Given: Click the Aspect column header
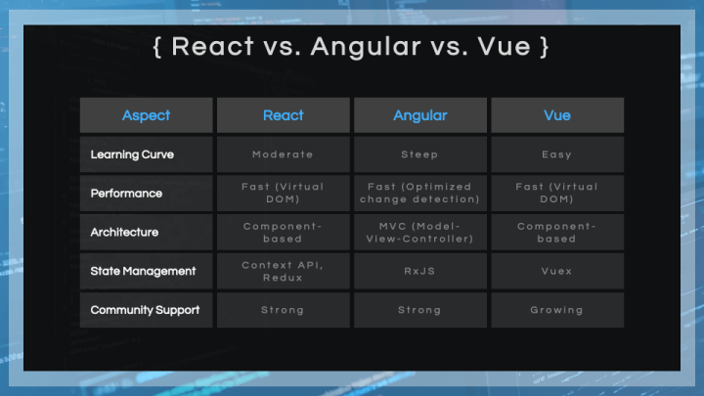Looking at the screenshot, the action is click(x=146, y=115).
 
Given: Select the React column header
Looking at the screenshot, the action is click(x=284, y=115).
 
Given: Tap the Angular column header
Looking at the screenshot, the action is click(x=420, y=115).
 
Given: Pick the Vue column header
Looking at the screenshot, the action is click(x=557, y=115).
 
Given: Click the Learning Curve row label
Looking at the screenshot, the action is click(x=132, y=154).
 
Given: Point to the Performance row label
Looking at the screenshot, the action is click(x=126, y=194).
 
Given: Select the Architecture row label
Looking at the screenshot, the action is click(x=124, y=232).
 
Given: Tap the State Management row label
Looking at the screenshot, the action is click(x=143, y=271).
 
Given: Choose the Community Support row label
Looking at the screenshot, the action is click(x=145, y=310).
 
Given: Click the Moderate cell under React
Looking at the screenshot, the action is click(x=283, y=154).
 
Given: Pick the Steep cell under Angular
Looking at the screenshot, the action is click(x=419, y=154).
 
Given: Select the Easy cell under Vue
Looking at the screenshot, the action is click(x=556, y=154).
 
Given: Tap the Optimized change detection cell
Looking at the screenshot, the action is click(x=419, y=193).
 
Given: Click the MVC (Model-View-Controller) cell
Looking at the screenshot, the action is click(x=419, y=233).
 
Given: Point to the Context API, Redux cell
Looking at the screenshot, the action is click(x=283, y=271).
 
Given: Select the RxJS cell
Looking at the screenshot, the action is click(x=419, y=271).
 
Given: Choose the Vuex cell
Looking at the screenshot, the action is click(x=556, y=271).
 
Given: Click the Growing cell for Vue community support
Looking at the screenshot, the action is click(x=556, y=310).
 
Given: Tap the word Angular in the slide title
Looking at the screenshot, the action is click(x=367, y=47).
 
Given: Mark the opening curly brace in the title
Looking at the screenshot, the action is click(x=156, y=47).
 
